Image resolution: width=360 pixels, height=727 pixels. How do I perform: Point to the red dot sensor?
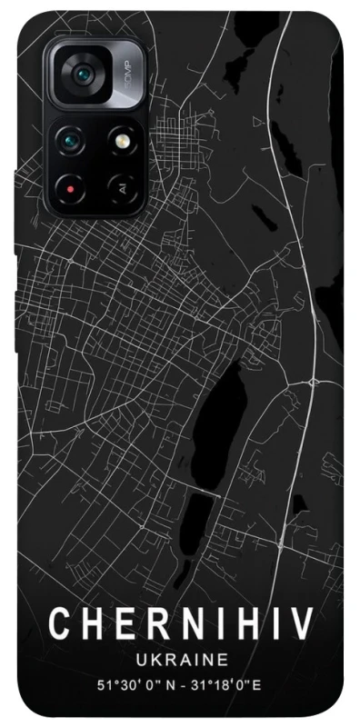coord(70,189)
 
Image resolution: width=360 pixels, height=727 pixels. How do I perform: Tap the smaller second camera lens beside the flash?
coord(71,140)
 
